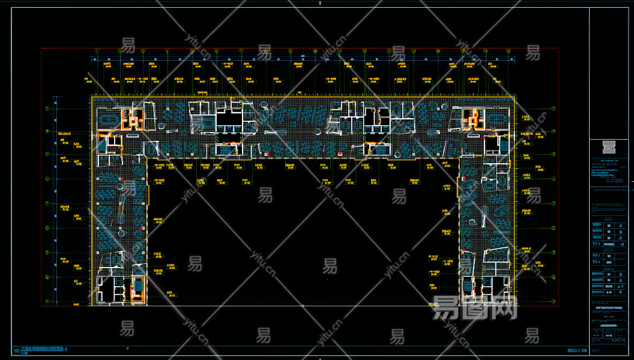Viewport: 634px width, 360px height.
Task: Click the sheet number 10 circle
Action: click(15, 350)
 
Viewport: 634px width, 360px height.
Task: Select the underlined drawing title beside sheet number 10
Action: click(45, 349)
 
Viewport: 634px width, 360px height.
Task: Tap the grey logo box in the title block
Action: click(611, 146)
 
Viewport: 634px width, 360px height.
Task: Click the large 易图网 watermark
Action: click(474, 309)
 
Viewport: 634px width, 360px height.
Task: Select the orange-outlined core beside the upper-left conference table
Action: click(133, 118)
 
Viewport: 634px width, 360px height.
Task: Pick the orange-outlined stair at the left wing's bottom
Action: click(137, 287)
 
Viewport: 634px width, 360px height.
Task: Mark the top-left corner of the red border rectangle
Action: click(41, 49)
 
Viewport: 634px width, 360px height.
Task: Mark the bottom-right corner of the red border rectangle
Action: click(559, 306)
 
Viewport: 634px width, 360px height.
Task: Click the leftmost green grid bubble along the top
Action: click(97, 52)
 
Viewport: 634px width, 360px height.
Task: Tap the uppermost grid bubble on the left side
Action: click(48, 109)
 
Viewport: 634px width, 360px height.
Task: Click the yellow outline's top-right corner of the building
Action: click(515, 97)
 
